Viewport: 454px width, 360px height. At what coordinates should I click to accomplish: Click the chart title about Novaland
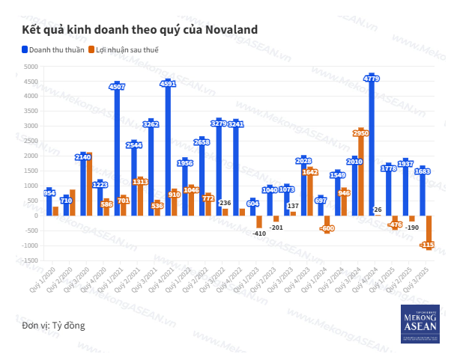tap(140, 29)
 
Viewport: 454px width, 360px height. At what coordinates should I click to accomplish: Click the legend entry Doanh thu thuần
tap(52, 50)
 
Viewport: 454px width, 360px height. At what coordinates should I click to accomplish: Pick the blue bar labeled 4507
tap(118, 150)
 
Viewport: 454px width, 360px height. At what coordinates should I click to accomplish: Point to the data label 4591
tap(169, 85)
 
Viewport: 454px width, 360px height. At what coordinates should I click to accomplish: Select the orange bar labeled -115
tap(429, 232)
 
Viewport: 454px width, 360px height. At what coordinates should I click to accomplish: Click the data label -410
tap(259, 234)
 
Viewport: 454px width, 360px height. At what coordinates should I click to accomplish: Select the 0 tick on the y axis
tap(35, 216)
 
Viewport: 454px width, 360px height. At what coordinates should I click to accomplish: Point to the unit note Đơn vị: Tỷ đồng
tap(53, 326)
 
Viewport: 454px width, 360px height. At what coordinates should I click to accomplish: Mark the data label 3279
tap(219, 123)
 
